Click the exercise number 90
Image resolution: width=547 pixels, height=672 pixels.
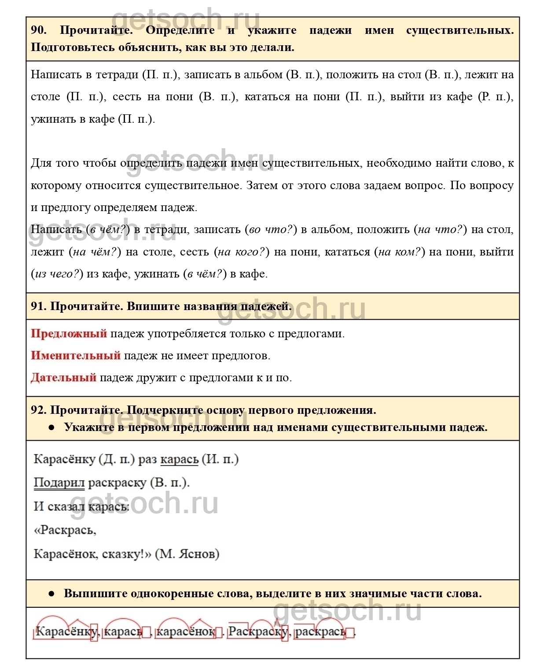tap(38, 30)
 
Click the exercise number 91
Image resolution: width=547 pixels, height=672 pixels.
tap(38, 306)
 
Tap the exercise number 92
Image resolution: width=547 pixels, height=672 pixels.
tap(38, 410)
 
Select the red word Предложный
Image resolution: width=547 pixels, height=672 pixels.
tap(69, 333)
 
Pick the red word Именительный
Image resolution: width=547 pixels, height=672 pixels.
tap(76, 355)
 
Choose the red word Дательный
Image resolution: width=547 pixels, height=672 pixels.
tap(64, 377)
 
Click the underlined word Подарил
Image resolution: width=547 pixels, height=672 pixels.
tap(59, 482)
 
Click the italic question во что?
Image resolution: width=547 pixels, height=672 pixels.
tap(271, 229)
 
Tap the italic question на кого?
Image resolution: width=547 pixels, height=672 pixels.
tap(243, 252)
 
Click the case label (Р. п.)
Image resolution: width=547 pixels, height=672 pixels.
tap(495, 96)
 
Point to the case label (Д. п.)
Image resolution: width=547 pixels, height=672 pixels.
tap(117, 459)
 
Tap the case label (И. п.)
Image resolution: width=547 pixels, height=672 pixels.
tap(220, 459)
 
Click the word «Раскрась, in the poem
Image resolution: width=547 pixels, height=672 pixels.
tap(65, 530)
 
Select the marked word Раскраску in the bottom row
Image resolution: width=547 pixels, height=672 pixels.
tap(257, 632)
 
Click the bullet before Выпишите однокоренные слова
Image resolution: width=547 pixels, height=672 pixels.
tap(51, 593)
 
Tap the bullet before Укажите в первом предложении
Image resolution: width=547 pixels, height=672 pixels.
tap(51, 427)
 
